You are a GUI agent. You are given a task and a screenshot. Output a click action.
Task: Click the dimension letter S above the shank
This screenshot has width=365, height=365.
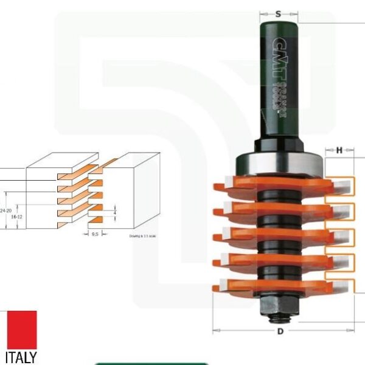(278, 13)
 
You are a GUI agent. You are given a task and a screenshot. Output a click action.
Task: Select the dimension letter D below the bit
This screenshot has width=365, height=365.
(280, 332)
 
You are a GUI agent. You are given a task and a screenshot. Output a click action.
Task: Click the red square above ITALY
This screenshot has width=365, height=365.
(22, 329)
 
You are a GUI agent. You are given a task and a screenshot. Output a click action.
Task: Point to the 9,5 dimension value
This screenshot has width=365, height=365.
(94, 233)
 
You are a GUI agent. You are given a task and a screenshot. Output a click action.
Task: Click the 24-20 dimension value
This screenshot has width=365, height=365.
(7, 210)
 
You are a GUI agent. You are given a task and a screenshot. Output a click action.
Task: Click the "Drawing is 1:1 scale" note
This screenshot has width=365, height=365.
(143, 236)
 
